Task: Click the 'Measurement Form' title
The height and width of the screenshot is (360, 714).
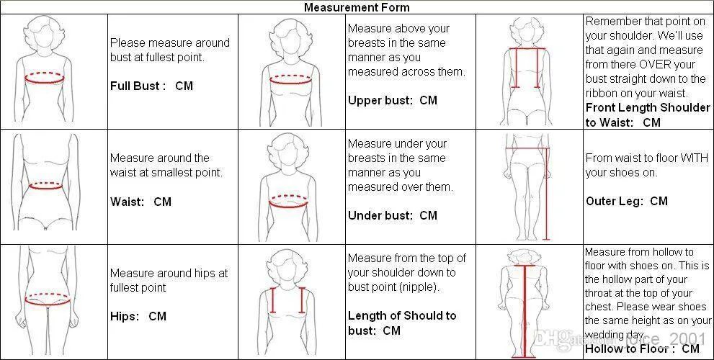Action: [357, 8]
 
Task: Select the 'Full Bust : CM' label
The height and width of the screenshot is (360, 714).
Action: [151, 86]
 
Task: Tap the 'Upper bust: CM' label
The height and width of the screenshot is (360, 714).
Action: [393, 100]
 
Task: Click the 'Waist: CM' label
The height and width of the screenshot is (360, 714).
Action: [140, 201]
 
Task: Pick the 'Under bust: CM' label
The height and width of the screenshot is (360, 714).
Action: [393, 215]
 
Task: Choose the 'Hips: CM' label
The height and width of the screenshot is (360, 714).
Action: [138, 316]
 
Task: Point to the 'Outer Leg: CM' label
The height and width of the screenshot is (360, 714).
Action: [627, 201]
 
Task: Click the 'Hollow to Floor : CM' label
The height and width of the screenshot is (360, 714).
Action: [642, 348]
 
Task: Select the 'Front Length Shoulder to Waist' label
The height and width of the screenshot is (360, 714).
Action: [648, 114]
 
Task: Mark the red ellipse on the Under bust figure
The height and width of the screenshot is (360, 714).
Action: [289, 202]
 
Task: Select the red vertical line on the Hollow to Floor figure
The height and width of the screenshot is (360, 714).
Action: [527, 310]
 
